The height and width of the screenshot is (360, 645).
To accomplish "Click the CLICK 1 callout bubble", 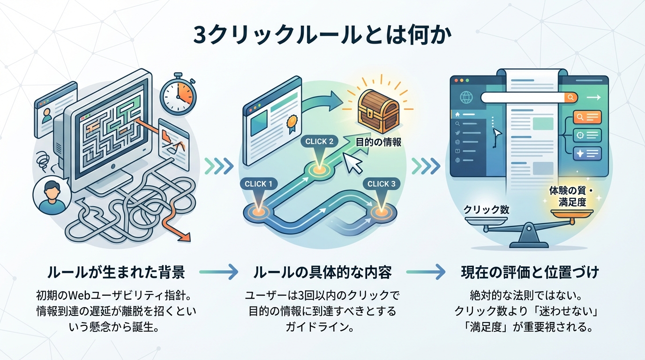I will pos(258,184).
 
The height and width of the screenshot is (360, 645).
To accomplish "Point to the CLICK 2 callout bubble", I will pos(319,141).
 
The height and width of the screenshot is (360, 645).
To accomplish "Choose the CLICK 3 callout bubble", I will pos(381,184).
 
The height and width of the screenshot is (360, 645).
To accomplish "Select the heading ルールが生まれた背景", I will pos(116,272).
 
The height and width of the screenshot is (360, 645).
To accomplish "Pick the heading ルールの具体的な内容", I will pos(322,272).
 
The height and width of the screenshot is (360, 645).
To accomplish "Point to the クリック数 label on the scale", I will pos(486,210).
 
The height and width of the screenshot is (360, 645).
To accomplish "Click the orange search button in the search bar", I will pos(570,97).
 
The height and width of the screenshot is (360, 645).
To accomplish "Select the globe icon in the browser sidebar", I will pos(466,98).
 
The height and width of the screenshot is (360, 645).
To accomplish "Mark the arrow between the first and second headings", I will pos(218,271).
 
